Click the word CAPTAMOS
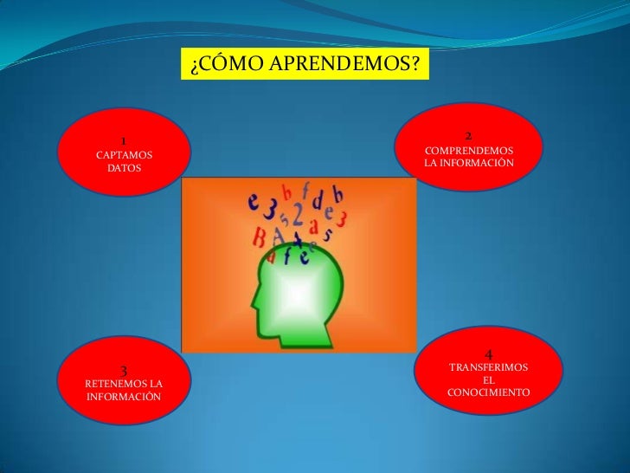(x=123, y=155)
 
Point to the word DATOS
(x=123, y=170)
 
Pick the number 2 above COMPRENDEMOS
(x=468, y=136)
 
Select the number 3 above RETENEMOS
(x=124, y=370)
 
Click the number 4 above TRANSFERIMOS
(x=489, y=354)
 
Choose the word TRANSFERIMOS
(x=489, y=368)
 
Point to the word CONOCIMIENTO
(x=489, y=393)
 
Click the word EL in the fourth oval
(x=489, y=380)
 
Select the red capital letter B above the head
(x=259, y=236)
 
